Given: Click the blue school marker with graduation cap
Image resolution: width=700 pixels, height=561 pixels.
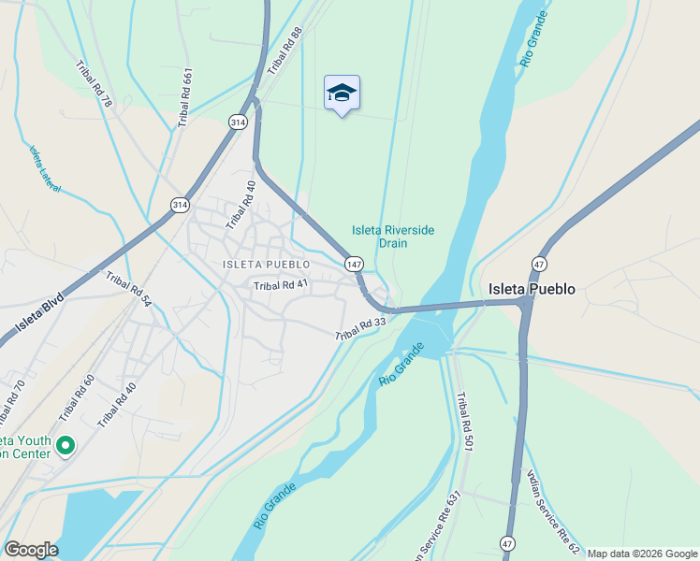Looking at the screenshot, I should pyautogui.click(x=342, y=93).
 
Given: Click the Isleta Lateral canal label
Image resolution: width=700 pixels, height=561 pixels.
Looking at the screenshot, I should pyautogui.click(x=44, y=169).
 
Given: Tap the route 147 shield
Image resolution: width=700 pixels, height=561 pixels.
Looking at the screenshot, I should pyautogui.click(x=353, y=265).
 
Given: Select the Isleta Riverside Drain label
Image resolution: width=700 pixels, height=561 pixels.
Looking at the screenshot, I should pyautogui.click(x=393, y=237).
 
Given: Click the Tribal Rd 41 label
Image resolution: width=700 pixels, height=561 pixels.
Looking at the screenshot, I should pyautogui.click(x=280, y=285).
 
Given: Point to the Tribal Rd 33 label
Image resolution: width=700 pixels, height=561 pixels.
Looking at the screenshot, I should pyautogui.click(x=361, y=329).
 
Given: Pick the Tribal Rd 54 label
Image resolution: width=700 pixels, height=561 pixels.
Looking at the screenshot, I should pyautogui.click(x=128, y=289).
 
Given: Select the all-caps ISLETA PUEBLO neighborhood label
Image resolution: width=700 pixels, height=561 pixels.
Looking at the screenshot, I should pyautogui.click(x=266, y=265).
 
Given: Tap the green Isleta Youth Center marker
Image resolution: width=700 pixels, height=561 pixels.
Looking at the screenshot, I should pyautogui.click(x=65, y=446).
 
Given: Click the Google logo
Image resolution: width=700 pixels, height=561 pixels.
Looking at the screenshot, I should pyautogui.click(x=31, y=550).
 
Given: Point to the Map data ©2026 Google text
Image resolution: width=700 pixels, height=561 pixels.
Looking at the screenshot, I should pyautogui.click(x=642, y=554).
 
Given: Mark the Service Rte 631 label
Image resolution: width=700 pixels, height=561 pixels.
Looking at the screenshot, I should pyautogui.click(x=447, y=524).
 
